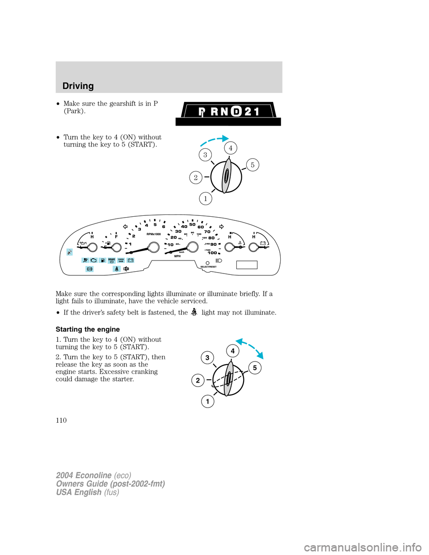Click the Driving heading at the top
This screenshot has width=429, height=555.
[78, 86]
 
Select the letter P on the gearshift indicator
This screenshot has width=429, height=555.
[202, 112]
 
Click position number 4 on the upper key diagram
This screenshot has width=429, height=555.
[231, 148]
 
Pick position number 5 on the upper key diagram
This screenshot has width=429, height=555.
[252, 165]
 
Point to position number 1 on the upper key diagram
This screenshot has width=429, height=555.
[206, 198]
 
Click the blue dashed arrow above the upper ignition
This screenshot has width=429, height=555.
[214, 140]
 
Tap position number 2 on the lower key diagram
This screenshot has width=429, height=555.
[198, 380]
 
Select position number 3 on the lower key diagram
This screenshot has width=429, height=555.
[207, 357]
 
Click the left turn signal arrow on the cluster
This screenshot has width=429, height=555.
[126, 227]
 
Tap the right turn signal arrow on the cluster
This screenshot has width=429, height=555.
[221, 227]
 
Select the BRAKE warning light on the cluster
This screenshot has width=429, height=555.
[112, 260]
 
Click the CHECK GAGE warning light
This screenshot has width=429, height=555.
[121, 260]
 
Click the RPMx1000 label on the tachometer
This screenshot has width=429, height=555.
[154, 234]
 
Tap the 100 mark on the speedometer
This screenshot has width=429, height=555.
[212, 253]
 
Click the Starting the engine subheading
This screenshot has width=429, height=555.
[88, 329]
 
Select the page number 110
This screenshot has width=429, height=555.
[61, 420]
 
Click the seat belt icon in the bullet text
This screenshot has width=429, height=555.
[194, 312]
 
